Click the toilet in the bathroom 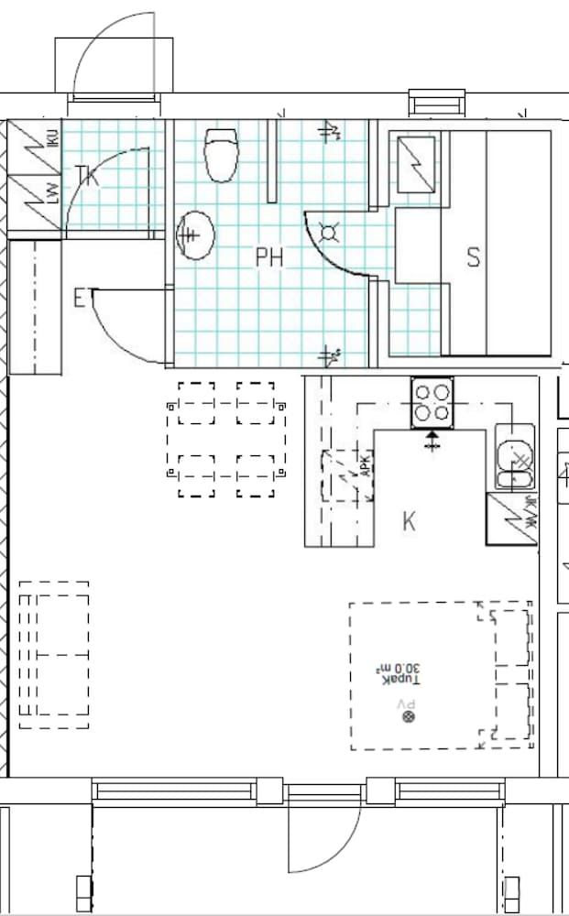220,156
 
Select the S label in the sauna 474,258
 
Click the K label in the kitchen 409,522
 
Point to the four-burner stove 432,401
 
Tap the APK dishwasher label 365,468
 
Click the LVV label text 53,193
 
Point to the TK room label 86,175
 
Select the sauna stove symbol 416,162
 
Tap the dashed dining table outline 225,440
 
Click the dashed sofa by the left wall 54,655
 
